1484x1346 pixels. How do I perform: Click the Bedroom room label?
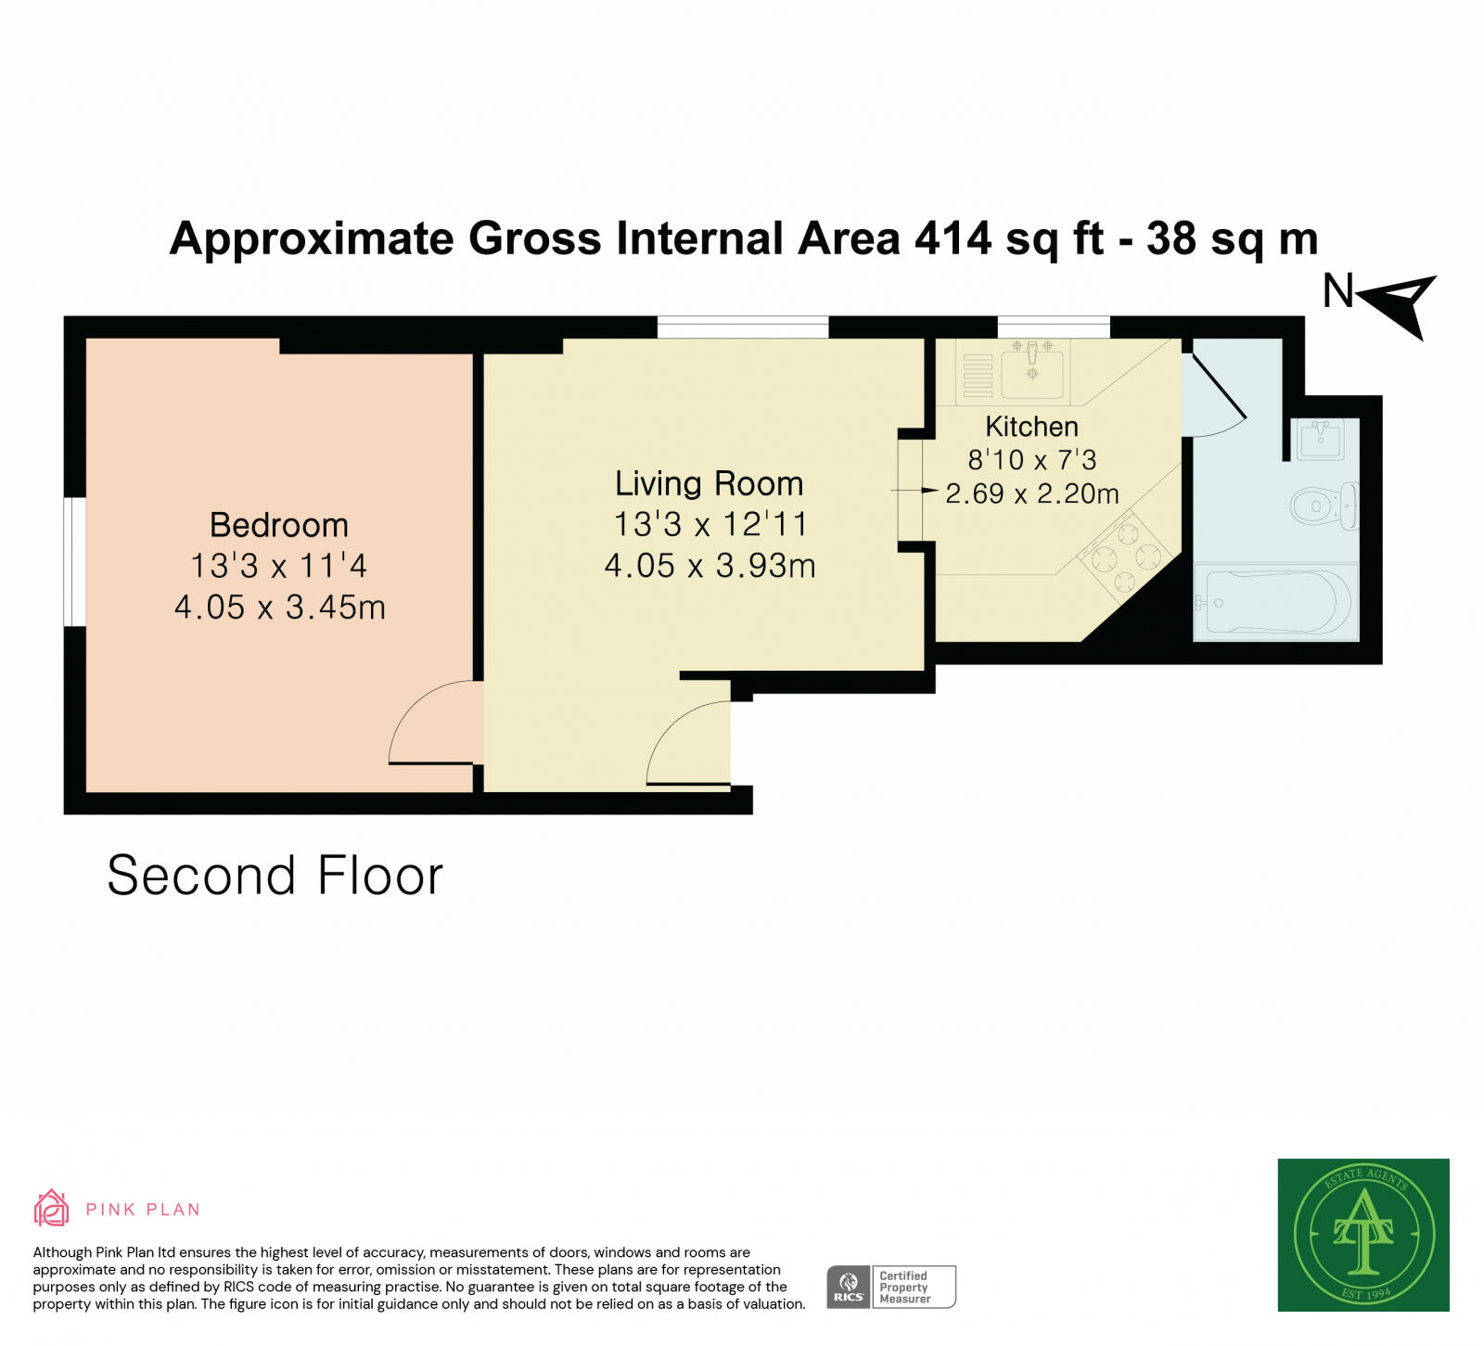[278, 525]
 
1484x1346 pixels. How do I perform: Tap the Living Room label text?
[709, 483]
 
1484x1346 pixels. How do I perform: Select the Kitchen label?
[1031, 427]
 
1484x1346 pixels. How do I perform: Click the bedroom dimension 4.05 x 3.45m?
[279, 607]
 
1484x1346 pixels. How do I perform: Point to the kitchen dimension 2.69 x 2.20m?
[1031, 494]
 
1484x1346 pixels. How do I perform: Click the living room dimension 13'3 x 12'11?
[710, 524]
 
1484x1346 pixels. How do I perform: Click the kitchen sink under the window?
[1031, 367]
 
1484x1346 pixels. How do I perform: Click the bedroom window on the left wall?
[74, 562]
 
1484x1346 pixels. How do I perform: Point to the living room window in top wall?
[743, 327]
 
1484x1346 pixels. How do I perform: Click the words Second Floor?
[275, 876]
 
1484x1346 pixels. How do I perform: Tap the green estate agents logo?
[1362, 1234]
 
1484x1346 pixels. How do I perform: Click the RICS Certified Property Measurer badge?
[890, 1287]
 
